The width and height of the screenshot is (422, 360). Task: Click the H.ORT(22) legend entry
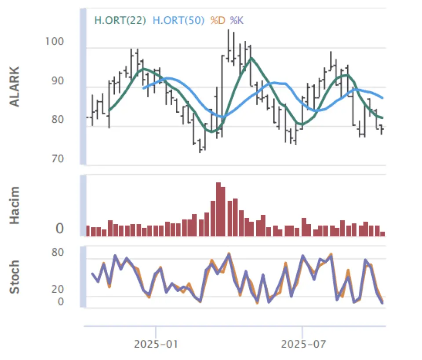coord(120,20)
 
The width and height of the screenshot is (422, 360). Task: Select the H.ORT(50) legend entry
coord(178,20)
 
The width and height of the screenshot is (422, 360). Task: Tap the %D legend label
coord(218,20)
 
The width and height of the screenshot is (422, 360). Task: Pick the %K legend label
coord(236,20)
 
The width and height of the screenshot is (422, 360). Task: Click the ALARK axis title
coord(15,87)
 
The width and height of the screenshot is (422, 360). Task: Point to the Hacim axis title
coord(15,205)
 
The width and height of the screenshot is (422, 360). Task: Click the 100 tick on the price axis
coord(55,41)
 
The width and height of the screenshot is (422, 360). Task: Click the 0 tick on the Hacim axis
coord(60,229)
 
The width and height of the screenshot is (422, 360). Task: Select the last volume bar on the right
coord(382,234)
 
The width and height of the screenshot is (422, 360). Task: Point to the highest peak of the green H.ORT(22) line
coord(251,58)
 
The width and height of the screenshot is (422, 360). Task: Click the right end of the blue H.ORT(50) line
coord(383,98)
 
